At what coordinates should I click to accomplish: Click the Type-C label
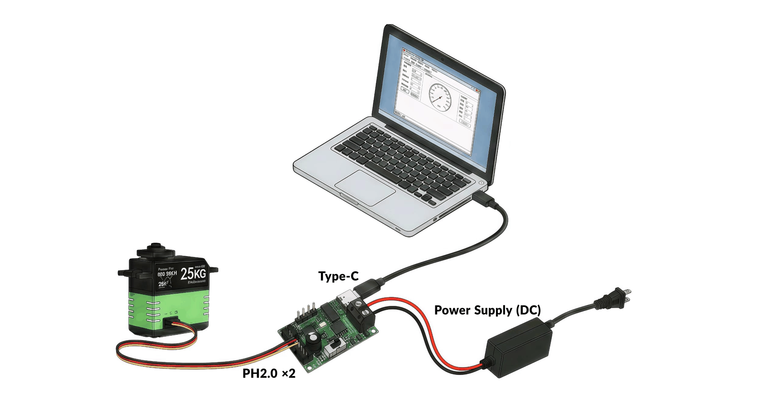pyautogui.click(x=338, y=276)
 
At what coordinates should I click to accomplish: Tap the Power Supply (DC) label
pyautogui.click(x=487, y=310)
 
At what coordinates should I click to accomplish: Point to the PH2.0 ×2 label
pyautogui.click(x=269, y=373)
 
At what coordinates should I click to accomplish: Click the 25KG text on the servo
pyautogui.click(x=193, y=273)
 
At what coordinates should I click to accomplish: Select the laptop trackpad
pyautogui.click(x=365, y=187)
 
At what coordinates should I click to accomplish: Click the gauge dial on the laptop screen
pyautogui.click(x=439, y=97)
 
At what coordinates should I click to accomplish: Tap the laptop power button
pyautogui.click(x=481, y=183)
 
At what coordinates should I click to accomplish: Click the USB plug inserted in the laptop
pyautogui.click(x=483, y=199)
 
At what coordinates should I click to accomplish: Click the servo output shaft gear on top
pyautogui.click(x=155, y=248)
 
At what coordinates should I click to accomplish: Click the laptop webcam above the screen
pyautogui.click(x=443, y=60)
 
